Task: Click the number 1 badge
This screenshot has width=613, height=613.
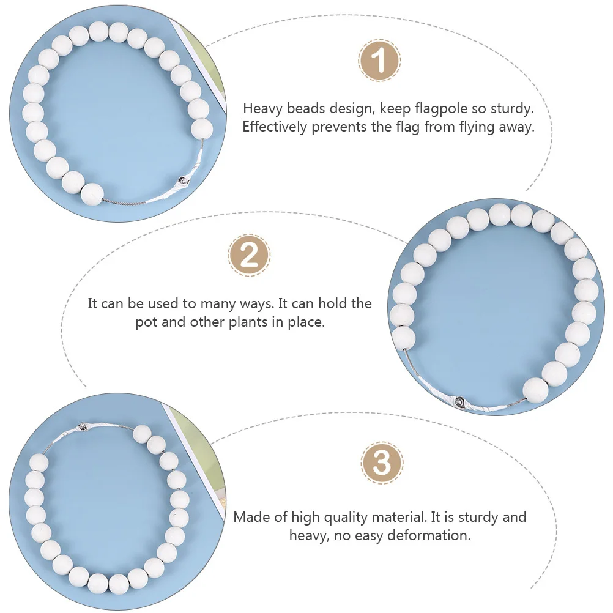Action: [379, 61]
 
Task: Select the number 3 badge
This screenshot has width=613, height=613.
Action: [382, 463]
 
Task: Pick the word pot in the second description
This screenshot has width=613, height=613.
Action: [147, 322]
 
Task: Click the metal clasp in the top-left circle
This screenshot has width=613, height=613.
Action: [182, 180]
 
